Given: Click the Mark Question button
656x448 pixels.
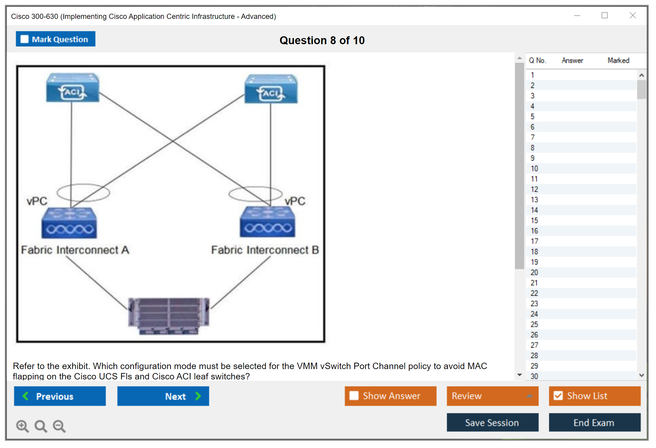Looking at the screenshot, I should pos(56,39).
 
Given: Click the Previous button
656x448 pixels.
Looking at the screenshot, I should pos(60,396).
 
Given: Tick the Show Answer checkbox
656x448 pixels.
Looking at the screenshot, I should pos(354,396).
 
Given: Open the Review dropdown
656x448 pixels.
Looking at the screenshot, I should pos(492,396).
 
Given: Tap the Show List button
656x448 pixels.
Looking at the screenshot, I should pos(594,396).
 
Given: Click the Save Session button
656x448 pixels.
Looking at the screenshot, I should pos(492,422).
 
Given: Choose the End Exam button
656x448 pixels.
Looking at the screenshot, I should pos(594,422).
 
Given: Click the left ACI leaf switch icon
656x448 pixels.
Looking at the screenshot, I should pos(73,88).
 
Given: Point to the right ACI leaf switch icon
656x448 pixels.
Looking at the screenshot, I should pos(271,89).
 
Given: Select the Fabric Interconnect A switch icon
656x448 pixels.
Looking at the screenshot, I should pos(69,223).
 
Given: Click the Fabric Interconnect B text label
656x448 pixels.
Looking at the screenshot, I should pos(265,250).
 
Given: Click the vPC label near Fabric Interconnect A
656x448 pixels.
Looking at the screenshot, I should pos(37,201).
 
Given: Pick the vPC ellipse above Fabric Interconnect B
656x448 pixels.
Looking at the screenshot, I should pos(255,194).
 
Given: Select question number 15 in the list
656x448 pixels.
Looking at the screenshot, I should pos(534,220).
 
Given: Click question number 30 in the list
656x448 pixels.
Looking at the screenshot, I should pos(534,376).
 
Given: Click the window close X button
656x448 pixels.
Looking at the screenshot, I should pos(633,16).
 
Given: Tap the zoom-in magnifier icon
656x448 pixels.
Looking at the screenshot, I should pos(22,426).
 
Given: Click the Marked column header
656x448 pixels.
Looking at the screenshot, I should pos(618,60).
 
